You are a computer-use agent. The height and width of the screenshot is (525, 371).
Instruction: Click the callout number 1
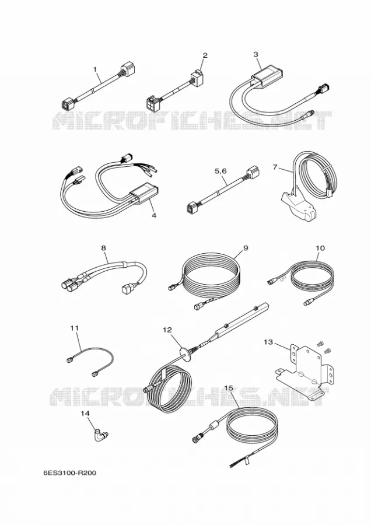[95, 69]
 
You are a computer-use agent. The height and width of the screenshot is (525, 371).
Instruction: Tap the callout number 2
[205, 55]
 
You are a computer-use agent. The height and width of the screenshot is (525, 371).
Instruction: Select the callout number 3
[256, 54]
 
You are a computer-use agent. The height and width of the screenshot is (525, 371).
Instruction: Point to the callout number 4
[153, 215]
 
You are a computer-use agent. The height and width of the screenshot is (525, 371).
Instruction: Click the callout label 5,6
[220, 171]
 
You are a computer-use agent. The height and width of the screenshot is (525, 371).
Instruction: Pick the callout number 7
[275, 166]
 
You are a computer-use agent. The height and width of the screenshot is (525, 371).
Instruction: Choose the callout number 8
[103, 248]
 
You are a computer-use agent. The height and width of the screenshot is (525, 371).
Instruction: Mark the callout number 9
[246, 248]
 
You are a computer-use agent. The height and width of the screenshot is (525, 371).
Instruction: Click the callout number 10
[320, 248]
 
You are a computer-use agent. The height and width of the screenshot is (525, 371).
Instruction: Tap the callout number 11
[74, 328]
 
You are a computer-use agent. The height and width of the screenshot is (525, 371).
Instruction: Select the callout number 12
[167, 330]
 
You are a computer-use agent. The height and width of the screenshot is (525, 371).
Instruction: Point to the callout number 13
[268, 342]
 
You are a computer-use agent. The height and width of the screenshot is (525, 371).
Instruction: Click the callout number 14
[85, 414]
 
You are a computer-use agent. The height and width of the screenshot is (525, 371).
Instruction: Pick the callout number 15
[228, 388]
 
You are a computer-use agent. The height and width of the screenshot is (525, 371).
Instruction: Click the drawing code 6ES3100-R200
[69, 473]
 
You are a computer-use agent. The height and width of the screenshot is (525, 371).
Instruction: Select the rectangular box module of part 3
[267, 76]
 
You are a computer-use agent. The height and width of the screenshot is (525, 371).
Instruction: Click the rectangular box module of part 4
[143, 193]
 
